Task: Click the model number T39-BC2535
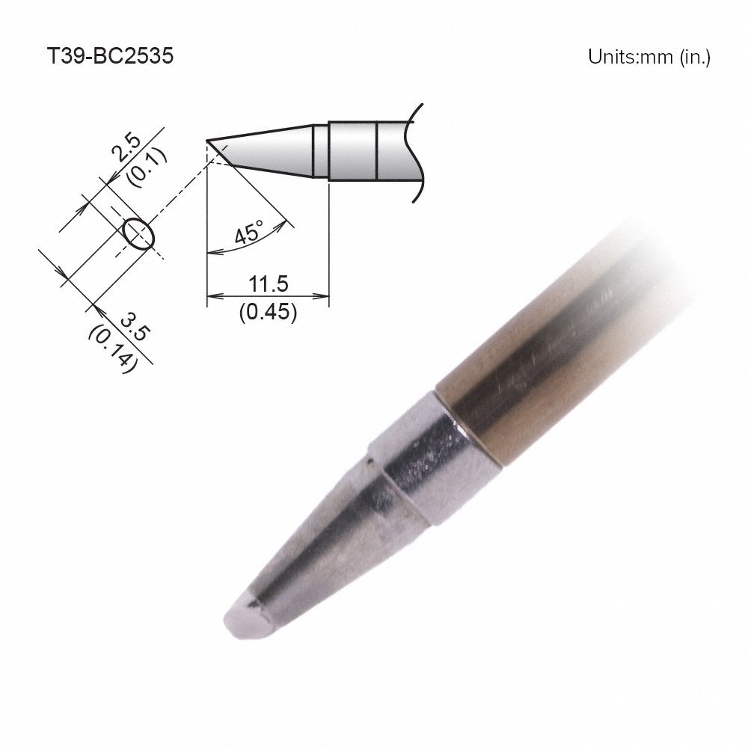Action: pyautogui.click(x=110, y=57)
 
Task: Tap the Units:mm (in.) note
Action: pyautogui.click(x=649, y=58)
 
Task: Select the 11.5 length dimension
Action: pyautogui.click(x=268, y=283)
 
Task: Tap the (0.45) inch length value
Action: pyautogui.click(x=268, y=312)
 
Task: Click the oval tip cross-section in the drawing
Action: pyautogui.click(x=138, y=233)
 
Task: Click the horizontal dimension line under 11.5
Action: pyautogui.click(x=268, y=296)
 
